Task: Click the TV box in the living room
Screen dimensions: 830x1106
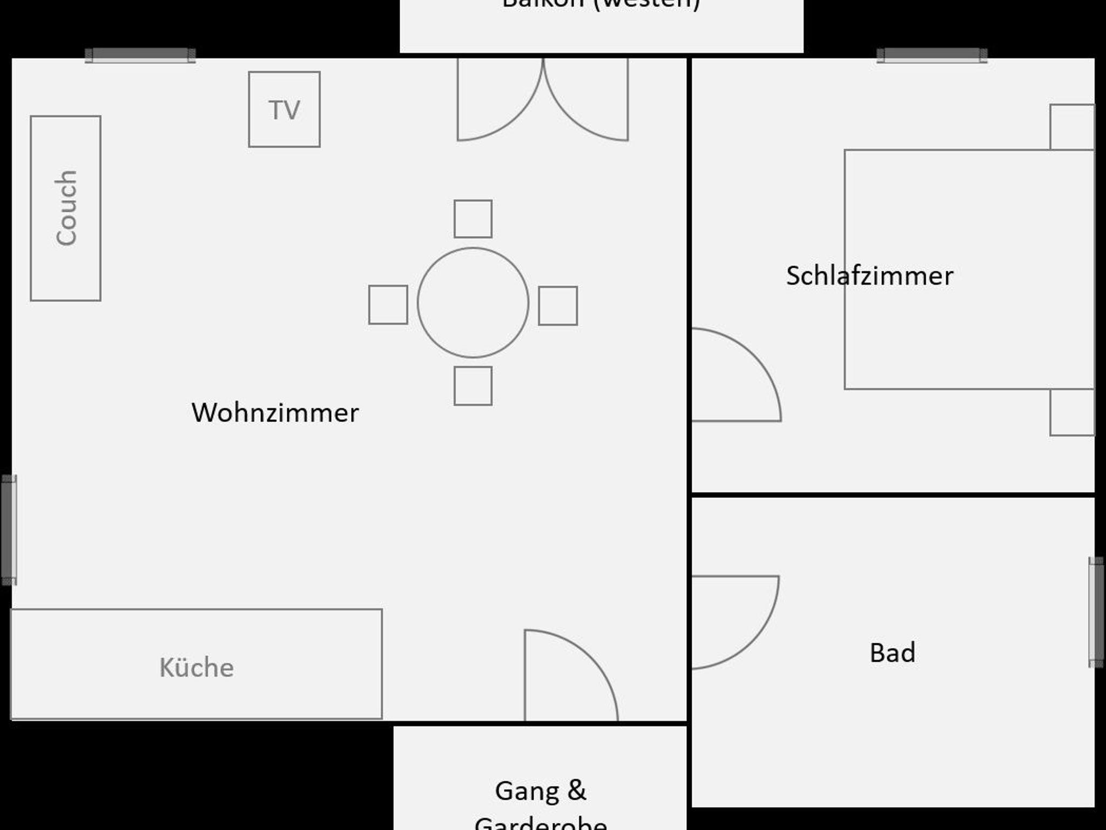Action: click(284, 110)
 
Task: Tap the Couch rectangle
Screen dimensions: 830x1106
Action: click(65, 208)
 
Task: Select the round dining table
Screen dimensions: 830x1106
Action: click(473, 303)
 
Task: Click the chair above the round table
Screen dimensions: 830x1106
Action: click(473, 219)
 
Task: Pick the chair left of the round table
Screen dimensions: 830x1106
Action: click(388, 305)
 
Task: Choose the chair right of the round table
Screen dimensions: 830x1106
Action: click(558, 305)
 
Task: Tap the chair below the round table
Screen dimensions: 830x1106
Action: click(473, 386)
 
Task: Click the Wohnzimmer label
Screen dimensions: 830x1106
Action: click(275, 413)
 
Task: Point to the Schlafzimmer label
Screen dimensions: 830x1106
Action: click(869, 276)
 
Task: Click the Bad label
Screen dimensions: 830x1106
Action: click(892, 652)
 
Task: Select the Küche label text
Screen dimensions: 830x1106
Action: click(197, 668)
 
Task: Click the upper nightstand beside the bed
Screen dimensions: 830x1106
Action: click(1071, 127)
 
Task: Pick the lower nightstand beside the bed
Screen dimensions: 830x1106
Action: click(1071, 413)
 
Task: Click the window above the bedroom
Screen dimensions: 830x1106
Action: click(932, 56)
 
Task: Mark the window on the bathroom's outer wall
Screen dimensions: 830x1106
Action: click(1096, 612)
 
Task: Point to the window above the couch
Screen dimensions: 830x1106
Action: click(140, 56)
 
